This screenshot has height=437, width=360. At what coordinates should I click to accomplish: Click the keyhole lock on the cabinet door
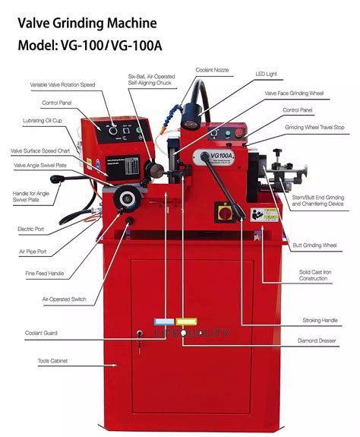click(139, 334)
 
